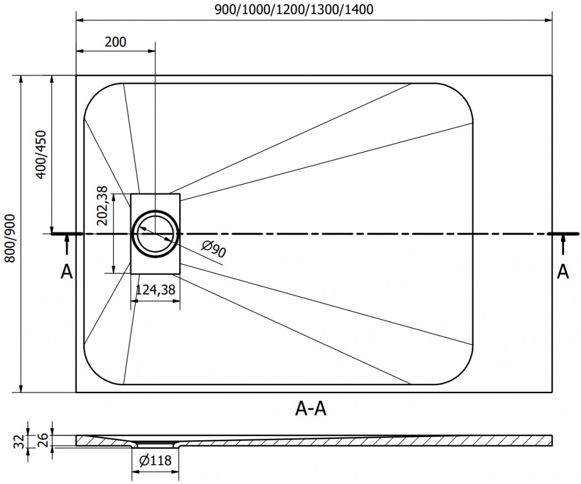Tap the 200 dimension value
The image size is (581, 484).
(x=115, y=41)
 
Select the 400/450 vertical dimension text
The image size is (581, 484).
(x=40, y=154)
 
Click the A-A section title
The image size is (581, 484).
(x=311, y=408)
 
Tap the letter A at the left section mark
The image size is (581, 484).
(x=67, y=272)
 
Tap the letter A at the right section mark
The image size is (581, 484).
(x=563, y=272)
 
